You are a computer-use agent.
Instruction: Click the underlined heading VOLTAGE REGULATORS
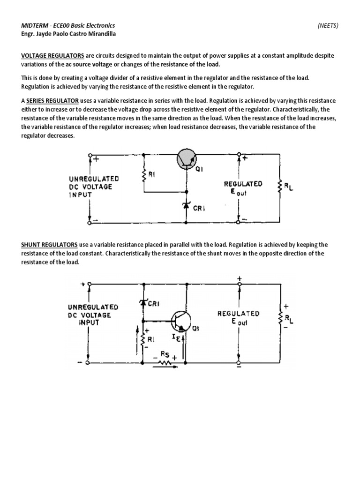[x=53, y=55]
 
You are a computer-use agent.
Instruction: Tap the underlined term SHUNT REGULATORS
[x=49, y=245]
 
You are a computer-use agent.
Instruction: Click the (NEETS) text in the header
[x=328, y=25]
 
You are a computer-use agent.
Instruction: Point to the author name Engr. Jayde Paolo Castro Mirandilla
[x=68, y=34]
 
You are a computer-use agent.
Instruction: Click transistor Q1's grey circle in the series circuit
[x=187, y=160]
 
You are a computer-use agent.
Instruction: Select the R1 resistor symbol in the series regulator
[x=144, y=176]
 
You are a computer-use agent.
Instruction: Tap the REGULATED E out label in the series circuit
[x=242, y=188]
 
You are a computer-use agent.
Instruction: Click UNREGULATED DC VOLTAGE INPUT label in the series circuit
[x=94, y=187]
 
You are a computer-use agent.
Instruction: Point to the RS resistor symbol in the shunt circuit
[x=164, y=361]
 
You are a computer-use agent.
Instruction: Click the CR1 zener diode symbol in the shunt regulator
[x=142, y=303]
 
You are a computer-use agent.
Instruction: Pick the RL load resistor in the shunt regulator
[x=281, y=319]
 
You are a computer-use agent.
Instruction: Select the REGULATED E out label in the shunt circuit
[x=238, y=317]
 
